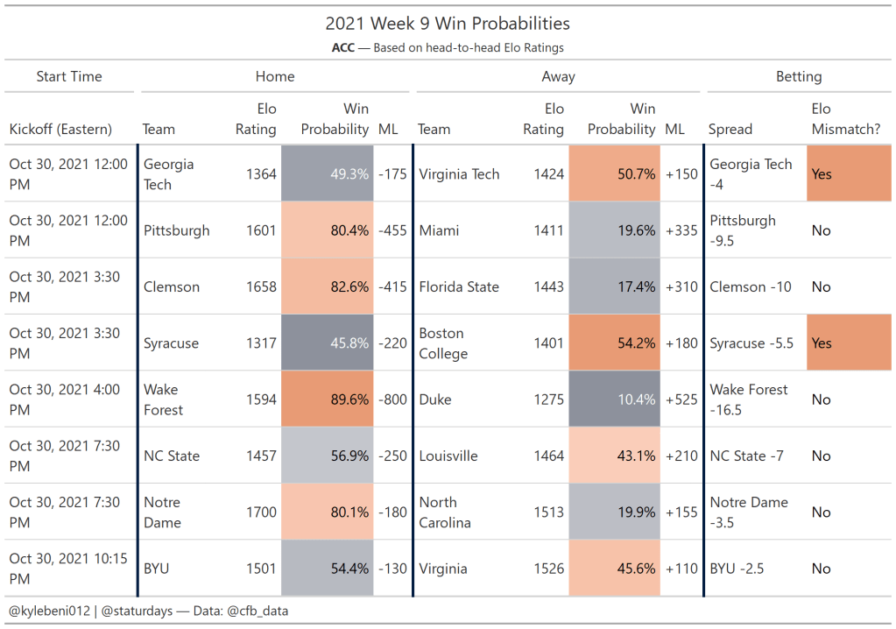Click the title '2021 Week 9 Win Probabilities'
448,24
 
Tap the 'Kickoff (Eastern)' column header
60,130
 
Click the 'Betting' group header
799,76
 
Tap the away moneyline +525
681,399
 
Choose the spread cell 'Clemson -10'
751,286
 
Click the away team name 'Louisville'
448,456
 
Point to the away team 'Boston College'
442,343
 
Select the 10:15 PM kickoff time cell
68,569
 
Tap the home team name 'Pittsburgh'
177,230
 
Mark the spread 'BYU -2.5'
737,569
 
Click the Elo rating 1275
548,399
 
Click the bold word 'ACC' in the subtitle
342,47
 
